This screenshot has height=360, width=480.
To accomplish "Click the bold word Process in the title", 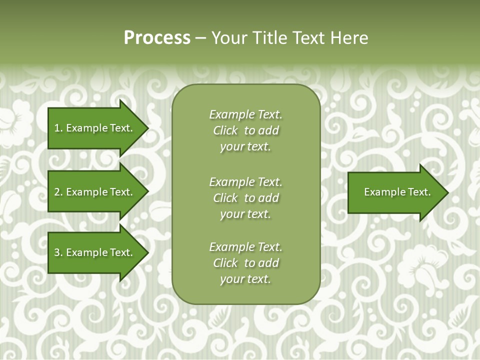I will (157, 38).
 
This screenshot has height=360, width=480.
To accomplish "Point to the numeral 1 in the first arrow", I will (57, 128).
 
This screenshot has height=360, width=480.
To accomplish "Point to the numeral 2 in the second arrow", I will (57, 192).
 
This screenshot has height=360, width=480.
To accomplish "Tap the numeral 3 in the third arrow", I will (57, 252).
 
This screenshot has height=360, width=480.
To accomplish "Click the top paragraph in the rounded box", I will (245, 130).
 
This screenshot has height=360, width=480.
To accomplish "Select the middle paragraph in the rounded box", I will (245, 198).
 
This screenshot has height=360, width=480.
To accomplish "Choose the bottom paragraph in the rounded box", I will (245, 263).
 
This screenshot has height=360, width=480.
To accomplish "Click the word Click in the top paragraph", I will (225, 131).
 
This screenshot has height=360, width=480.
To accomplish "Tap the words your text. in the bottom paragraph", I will (245, 279).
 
